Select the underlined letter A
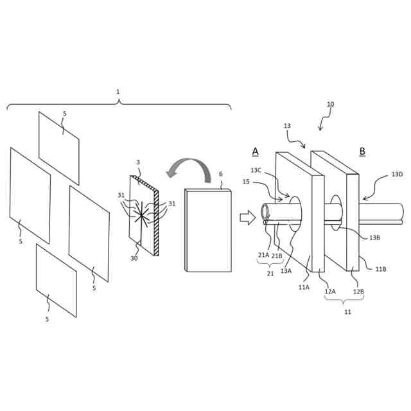pos(255,152)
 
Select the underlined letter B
pos(362,152)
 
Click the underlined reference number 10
pos(330,104)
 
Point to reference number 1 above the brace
pos(118,92)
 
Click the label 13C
pos(256,170)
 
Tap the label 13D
pos(398,174)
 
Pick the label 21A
pos(264,255)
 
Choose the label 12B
pos(358,291)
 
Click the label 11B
pos(381,268)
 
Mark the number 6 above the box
pos(221,174)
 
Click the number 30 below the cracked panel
pos(134,258)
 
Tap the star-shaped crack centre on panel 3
pos(141,214)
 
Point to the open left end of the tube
pos(265,214)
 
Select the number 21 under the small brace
pos(270,273)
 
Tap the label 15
pos(246,182)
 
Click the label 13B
pos(374,238)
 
